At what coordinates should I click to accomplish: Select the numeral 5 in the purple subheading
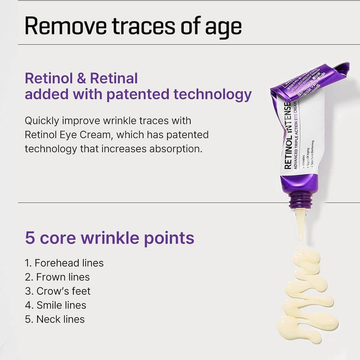30,238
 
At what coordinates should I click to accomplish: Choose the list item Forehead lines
64,263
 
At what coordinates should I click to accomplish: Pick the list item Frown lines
57,277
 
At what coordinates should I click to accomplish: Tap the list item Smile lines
55,306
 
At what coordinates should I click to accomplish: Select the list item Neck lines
54,319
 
